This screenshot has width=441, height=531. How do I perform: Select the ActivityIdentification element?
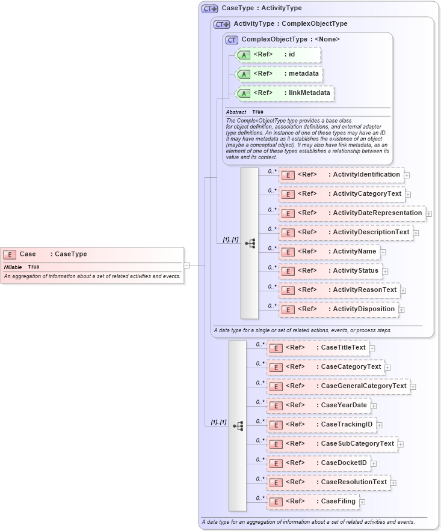coord(341,175)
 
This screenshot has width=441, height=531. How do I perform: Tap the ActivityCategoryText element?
coord(341,194)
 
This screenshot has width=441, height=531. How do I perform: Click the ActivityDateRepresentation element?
coord(352,213)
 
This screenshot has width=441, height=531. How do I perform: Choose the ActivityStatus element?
coord(330,271)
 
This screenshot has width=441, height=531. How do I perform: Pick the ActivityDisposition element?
coord(338,309)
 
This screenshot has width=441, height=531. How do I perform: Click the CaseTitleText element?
coord(318,348)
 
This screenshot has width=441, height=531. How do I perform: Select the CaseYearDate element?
coord(318,405)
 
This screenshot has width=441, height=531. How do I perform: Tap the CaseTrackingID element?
coord(321,425)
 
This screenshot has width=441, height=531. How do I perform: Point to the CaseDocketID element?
coord(318,463)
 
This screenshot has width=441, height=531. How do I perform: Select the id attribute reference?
coord(278,55)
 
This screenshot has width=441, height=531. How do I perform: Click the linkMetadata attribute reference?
coord(285,93)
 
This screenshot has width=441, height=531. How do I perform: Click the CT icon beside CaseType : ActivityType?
coord(209,8)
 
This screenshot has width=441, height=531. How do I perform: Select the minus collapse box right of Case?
coord(187,264)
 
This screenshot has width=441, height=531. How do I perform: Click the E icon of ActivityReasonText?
coord(288,290)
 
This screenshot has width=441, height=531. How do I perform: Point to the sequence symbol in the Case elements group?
coord(238,425)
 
